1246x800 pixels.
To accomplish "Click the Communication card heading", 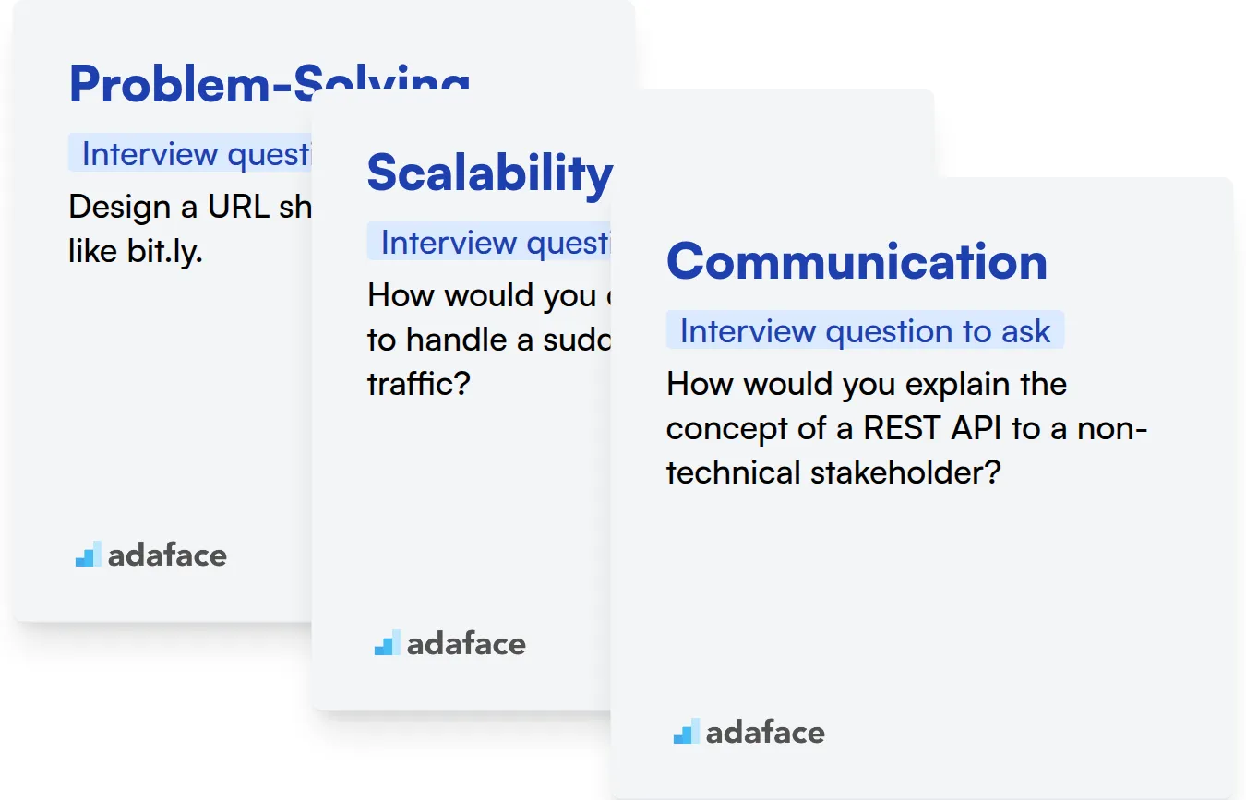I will [x=857, y=261].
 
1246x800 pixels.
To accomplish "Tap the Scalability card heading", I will [x=489, y=173].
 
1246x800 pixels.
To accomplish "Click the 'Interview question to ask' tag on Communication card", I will [x=865, y=331].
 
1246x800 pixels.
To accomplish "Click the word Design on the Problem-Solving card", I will [x=120, y=207].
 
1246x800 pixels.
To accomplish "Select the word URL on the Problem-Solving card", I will [x=239, y=207].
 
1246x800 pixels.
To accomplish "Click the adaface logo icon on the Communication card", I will [x=686, y=732].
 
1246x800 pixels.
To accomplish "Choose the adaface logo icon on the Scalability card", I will [x=387, y=643].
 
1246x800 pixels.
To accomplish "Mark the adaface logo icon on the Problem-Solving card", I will [x=88, y=555].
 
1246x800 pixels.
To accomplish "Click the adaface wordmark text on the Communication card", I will [x=765, y=733].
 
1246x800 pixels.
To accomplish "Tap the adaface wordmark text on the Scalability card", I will [x=466, y=644].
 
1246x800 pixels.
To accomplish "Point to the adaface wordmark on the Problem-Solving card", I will [x=167, y=555].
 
